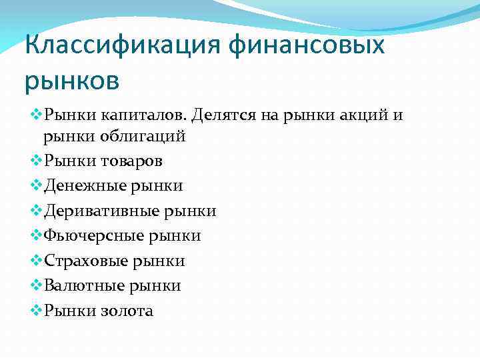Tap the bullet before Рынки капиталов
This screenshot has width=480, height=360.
tap(36, 115)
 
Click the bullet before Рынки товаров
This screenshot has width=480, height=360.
tap(36, 161)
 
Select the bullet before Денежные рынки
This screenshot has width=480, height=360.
tap(36, 186)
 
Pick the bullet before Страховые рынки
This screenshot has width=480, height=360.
tap(36, 261)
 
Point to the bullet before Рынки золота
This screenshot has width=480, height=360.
tap(36, 311)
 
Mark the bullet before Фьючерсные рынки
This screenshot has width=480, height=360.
tap(36, 235)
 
